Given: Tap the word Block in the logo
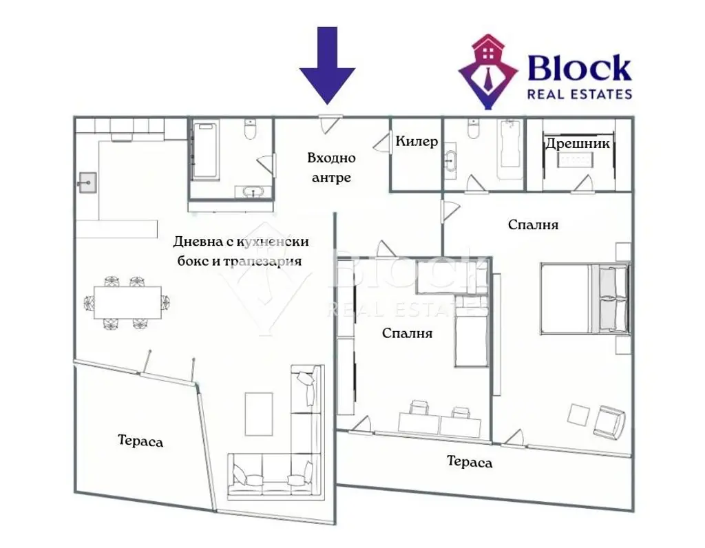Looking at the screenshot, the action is click(579, 68).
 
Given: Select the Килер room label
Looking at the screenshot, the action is click(417, 142).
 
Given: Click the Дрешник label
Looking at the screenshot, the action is click(578, 144).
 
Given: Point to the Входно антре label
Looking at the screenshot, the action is click(331, 168).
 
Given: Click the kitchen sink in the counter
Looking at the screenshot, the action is click(87, 182).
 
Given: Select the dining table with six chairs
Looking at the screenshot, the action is click(127, 302).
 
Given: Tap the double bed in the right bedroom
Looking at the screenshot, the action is click(585, 299).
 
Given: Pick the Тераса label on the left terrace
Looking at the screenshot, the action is click(140, 441).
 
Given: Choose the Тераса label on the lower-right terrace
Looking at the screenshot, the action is click(470, 462).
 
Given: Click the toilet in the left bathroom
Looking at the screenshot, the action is click(250, 129).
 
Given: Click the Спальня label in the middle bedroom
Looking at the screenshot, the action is click(408, 333).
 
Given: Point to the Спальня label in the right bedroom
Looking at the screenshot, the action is click(534, 224).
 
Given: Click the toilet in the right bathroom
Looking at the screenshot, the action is click(473, 129).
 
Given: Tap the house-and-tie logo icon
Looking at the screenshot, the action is click(489, 72).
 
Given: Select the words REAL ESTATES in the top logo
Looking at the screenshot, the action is click(580, 94).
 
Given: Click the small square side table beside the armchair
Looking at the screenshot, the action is click(578, 414).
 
